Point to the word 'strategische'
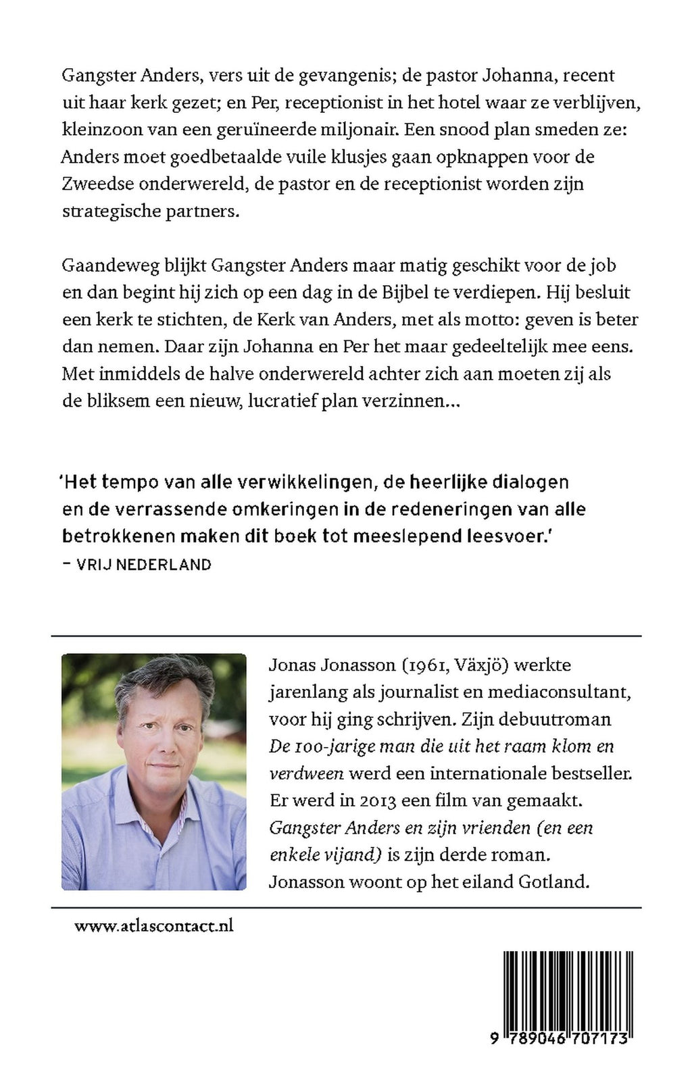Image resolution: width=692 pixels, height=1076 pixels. pyautogui.click(x=105, y=211)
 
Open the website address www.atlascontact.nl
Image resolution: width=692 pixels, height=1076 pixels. pyautogui.click(x=154, y=926)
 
